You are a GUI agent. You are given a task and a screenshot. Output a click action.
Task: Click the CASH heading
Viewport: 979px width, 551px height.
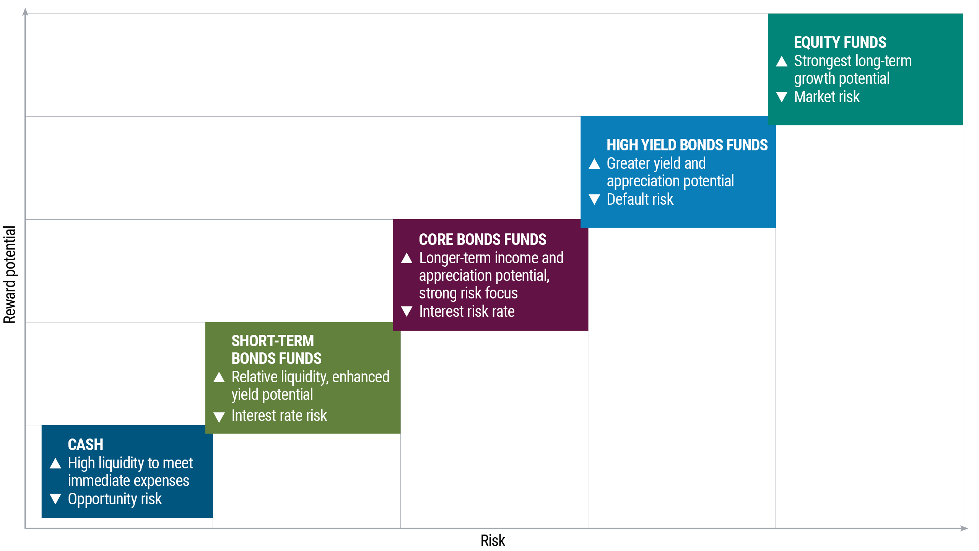click(x=85, y=445)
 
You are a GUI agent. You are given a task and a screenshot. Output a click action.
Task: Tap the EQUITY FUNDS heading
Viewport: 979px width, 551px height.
click(x=840, y=42)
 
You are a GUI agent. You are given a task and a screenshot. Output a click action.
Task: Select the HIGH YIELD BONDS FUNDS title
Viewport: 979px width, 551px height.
click(x=687, y=145)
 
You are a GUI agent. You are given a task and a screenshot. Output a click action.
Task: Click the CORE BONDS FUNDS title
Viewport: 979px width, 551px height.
click(x=482, y=240)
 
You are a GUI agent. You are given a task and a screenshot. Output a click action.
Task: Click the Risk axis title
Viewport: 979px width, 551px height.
click(x=493, y=541)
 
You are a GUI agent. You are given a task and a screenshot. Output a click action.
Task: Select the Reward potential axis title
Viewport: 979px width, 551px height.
click(x=10, y=274)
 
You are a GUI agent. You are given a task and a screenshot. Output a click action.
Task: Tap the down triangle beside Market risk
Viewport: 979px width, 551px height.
click(x=782, y=97)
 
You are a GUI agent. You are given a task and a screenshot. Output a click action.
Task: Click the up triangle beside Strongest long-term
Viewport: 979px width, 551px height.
click(x=782, y=61)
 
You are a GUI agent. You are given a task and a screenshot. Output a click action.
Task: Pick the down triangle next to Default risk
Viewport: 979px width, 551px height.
click(x=594, y=199)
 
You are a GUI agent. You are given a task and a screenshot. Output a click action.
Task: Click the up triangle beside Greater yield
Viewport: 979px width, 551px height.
click(x=594, y=164)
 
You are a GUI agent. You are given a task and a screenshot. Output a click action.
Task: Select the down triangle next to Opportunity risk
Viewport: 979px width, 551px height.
click(x=55, y=499)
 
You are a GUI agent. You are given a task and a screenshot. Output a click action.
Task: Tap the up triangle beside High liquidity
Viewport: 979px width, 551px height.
click(x=55, y=463)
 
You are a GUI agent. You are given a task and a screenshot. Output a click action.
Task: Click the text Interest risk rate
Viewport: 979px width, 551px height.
click(x=467, y=311)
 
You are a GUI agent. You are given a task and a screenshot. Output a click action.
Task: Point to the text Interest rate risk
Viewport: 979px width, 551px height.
click(x=279, y=416)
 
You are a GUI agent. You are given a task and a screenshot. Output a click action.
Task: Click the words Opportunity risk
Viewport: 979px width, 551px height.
click(x=115, y=499)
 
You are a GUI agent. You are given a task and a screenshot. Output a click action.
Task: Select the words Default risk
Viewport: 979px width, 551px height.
click(x=640, y=199)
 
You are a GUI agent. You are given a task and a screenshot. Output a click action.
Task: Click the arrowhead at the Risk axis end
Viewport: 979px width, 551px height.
click(x=964, y=528)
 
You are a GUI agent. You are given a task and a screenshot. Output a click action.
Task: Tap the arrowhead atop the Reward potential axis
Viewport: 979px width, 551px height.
click(x=25, y=12)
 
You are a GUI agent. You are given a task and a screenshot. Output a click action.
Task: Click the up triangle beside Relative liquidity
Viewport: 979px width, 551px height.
click(x=219, y=377)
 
